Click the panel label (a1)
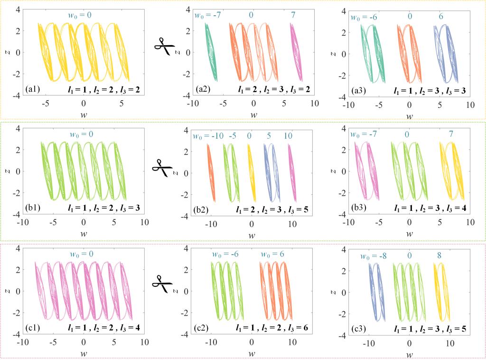tap(33, 89)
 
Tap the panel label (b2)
tap(201, 209)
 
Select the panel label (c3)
tap(359, 328)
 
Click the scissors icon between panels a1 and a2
tap(164, 47)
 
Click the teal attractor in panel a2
tap(211, 52)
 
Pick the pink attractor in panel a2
tap(296, 52)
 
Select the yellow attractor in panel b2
tap(252, 173)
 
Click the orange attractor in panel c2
tap(276, 291)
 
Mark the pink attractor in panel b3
tap(367, 171)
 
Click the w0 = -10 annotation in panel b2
tap(208, 136)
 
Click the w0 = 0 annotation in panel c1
tap(81, 254)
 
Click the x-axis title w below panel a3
tap(410, 116)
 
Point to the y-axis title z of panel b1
tap(9, 171)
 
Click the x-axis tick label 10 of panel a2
tap(315, 103)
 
